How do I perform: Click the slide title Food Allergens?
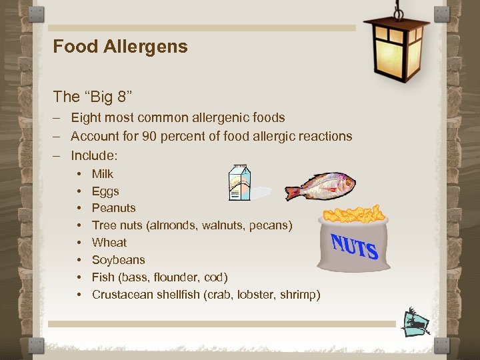click(x=120, y=47)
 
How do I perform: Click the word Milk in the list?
click(x=103, y=174)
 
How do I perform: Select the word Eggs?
click(x=105, y=191)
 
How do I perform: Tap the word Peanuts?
click(x=113, y=208)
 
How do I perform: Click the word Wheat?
click(x=109, y=243)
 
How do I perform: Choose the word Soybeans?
click(x=118, y=260)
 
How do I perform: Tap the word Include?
click(x=94, y=155)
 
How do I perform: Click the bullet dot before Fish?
click(x=79, y=277)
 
